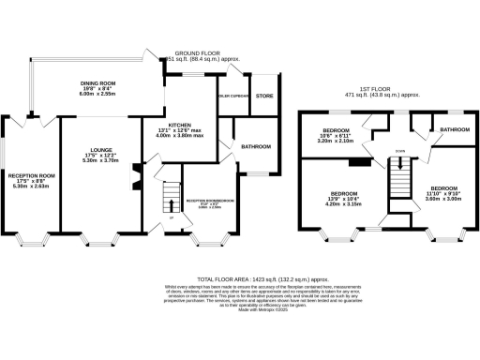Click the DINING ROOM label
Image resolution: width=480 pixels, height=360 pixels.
tap(97, 82)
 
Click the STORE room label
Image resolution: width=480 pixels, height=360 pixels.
tap(265, 95)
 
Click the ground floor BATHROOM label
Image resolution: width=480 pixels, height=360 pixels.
tap(256, 147)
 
